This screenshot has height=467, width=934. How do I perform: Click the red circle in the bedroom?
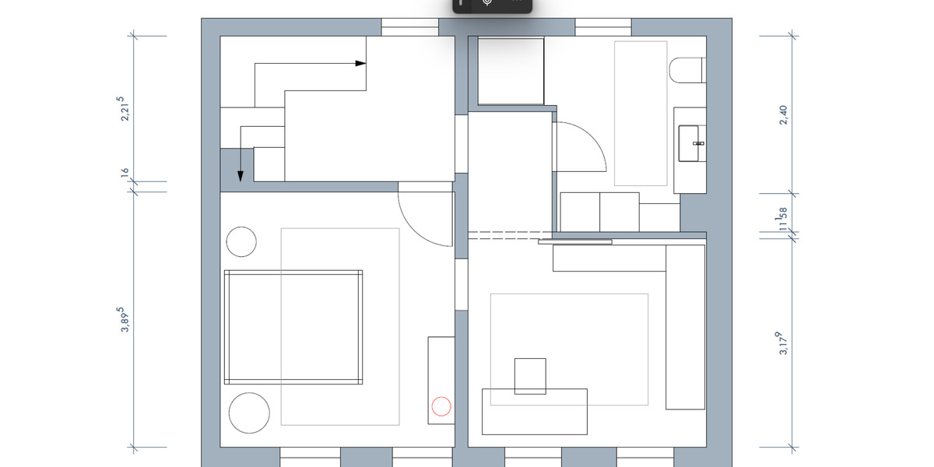point(441,406)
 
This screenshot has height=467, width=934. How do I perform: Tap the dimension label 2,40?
point(784,115)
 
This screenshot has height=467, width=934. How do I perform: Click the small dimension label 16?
point(125,173)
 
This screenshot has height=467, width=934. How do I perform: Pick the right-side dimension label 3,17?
point(784,343)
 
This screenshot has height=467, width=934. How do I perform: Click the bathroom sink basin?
point(690,143)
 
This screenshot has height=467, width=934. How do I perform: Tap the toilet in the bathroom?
point(686,71)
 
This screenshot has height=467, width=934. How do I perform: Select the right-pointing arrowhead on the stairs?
point(360,64)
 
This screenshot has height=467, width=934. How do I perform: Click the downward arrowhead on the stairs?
point(240,177)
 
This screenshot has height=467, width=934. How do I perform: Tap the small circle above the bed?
point(241,242)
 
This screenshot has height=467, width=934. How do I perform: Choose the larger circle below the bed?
point(249,413)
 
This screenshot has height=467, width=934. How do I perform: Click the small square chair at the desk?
point(530,376)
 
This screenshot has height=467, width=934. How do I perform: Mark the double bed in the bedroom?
point(293,327)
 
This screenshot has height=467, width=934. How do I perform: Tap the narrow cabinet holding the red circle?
point(441,381)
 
